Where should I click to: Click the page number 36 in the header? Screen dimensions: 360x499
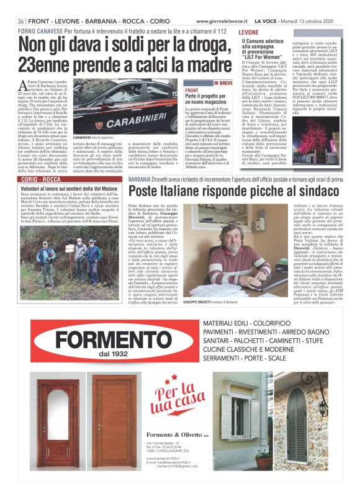[21, 20]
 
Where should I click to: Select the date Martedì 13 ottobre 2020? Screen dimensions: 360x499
[310, 20]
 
